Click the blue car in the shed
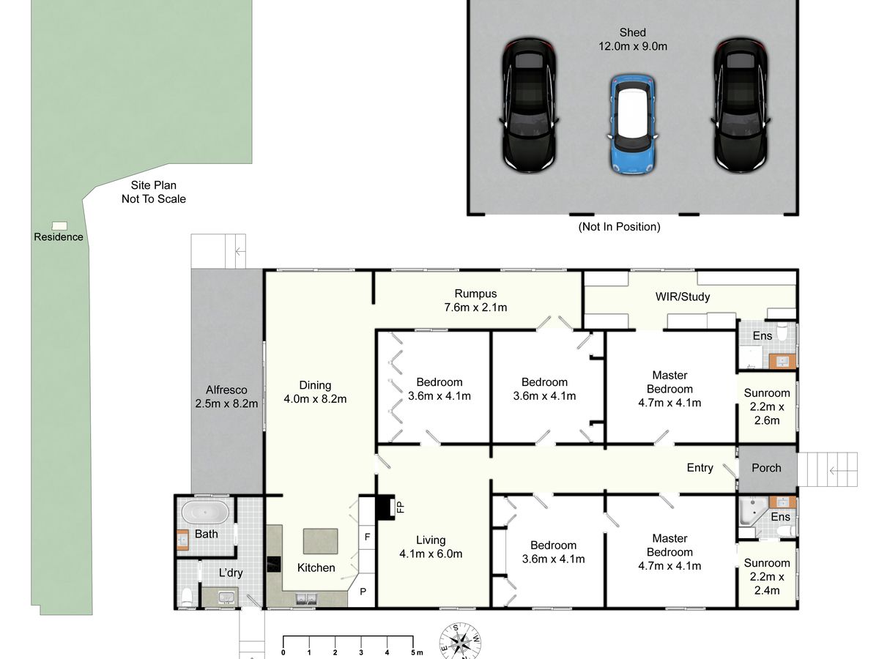pos(633,124)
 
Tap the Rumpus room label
pos(475,294)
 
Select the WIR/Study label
pos(683,297)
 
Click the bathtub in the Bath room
pos(205,512)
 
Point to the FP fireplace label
pos(400,507)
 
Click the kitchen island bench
pos(320,541)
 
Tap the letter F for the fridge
pos(367,537)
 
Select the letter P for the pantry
pos(363,592)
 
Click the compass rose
pos(460,642)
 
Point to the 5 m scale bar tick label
pos(417,652)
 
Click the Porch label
pos(766,468)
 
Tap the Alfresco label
pos(226,390)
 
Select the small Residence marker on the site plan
pos(59,226)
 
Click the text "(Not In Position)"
pos(619,227)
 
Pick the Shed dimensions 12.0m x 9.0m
pos(633,46)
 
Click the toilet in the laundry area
pos(187,597)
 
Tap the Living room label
pos(431,540)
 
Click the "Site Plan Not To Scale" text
pos(154,192)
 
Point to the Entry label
pos(700,468)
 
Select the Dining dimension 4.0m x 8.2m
pos(315,399)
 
